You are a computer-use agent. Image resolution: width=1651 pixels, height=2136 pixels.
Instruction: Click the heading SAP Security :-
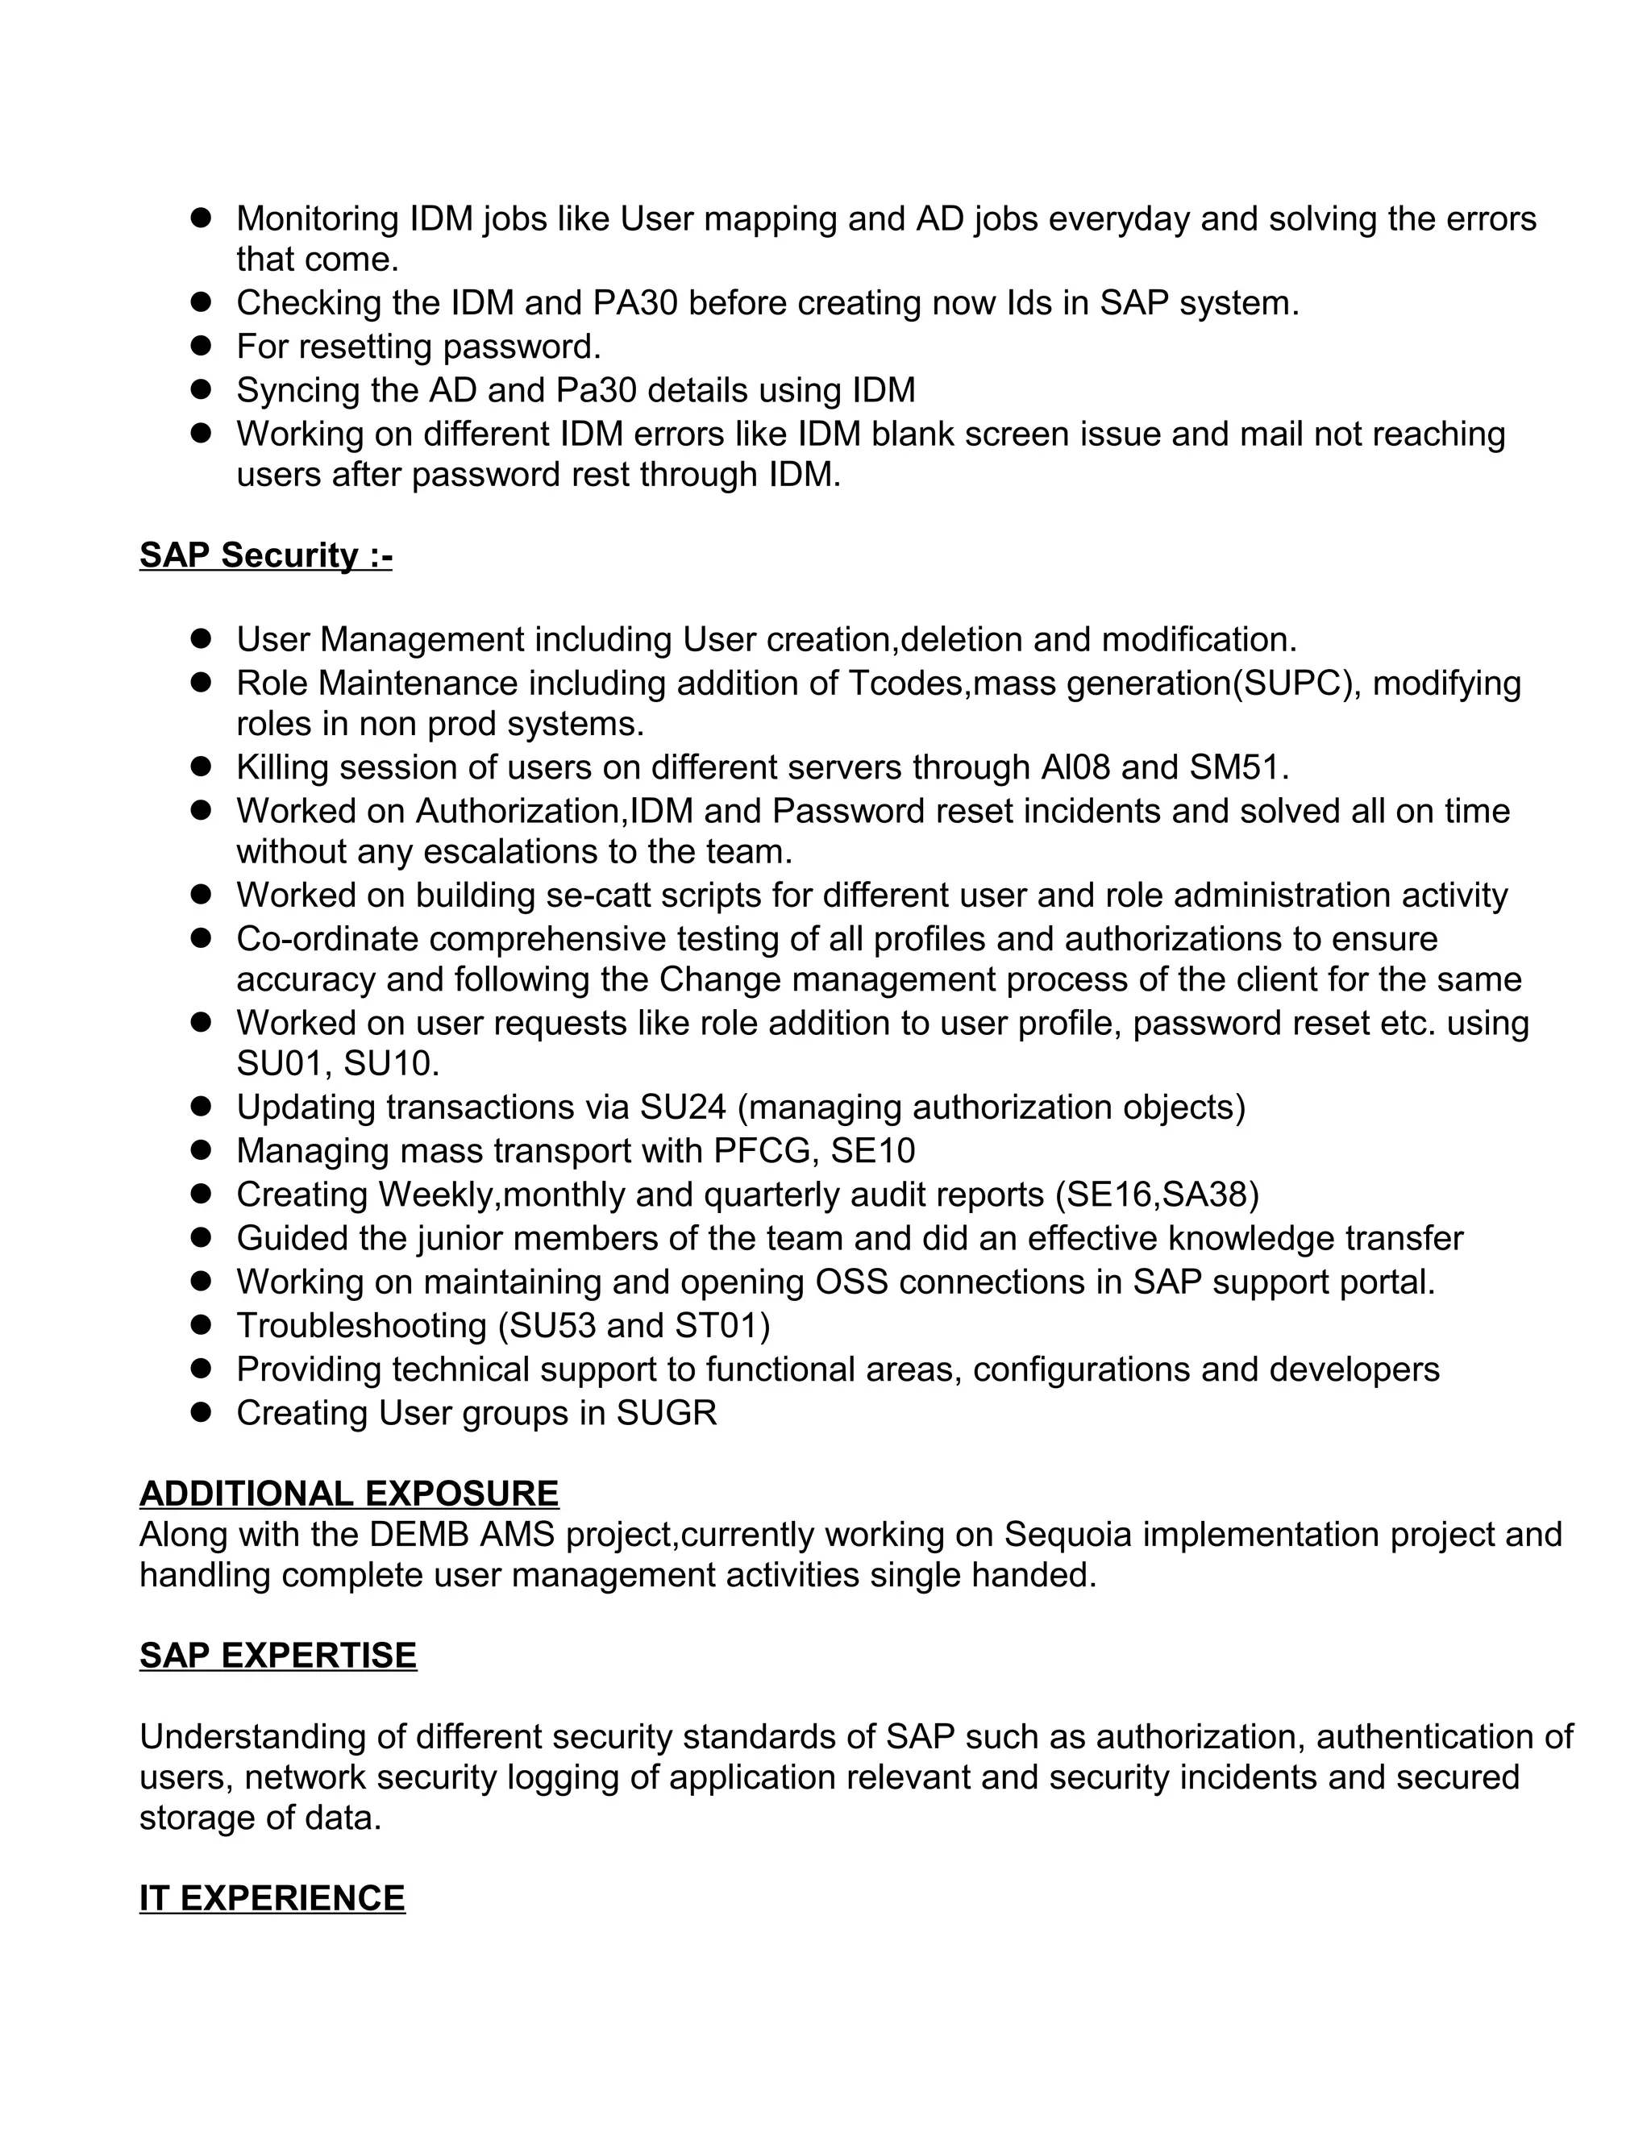(265, 555)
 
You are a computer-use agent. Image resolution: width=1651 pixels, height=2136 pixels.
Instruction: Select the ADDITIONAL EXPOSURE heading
(349, 1494)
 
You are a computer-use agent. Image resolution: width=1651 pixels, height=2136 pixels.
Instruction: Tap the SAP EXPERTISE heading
(278, 1656)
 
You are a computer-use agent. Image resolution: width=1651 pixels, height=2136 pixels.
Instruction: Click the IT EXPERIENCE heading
(272, 1898)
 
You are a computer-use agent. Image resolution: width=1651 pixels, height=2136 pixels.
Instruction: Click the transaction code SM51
(1234, 767)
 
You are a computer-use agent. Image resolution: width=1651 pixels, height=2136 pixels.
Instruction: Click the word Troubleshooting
(362, 1326)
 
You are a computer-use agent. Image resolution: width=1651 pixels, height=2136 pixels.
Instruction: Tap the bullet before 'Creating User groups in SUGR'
(202, 1411)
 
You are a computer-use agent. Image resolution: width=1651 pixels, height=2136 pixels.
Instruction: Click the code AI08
(1075, 767)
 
